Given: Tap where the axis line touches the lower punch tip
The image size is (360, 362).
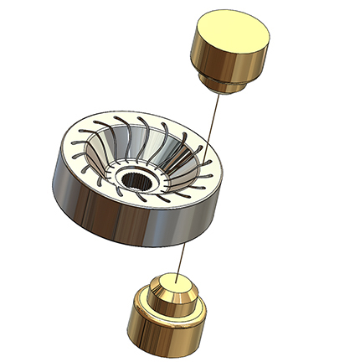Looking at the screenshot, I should (x=178, y=275).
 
